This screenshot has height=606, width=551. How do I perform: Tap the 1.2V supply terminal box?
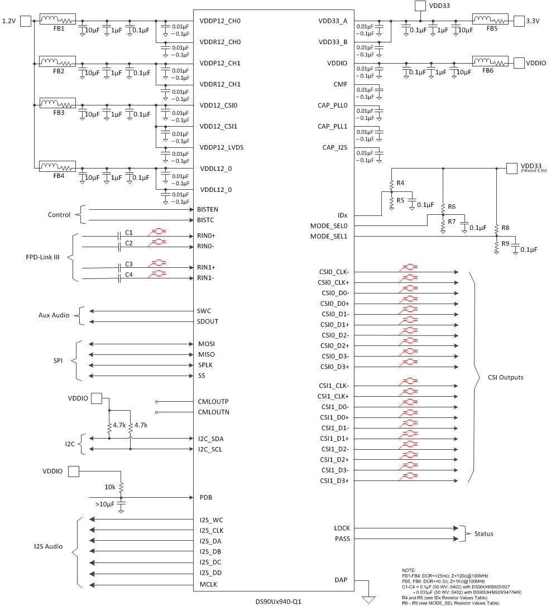pyautogui.click(x=26, y=21)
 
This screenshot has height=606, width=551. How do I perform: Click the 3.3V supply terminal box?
pyautogui.click(x=519, y=21)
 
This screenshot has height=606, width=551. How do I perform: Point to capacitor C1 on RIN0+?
pyautogui.click(x=119, y=235)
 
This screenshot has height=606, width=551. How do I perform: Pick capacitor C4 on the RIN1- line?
pyautogui.click(x=119, y=278)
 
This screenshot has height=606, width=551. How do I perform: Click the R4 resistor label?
pyautogui.click(x=400, y=183)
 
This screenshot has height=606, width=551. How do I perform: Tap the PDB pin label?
pyautogui.click(x=205, y=497)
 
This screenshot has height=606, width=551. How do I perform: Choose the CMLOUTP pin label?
pyautogui.click(x=213, y=401)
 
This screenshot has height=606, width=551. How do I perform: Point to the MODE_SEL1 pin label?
pyautogui.click(x=329, y=237)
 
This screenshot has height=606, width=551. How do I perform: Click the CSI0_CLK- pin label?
pyautogui.click(x=334, y=272)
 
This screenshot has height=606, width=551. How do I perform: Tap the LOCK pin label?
pyautogui.click(x=342, y=528)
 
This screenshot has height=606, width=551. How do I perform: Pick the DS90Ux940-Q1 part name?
pyautogui.click(x=278, y=602)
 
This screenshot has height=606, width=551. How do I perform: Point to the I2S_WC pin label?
pyautogui.click(x=211, y=520)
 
